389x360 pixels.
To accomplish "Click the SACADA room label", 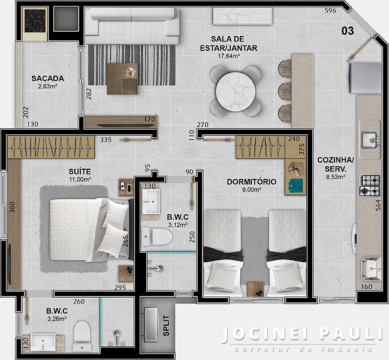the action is pos(47,79).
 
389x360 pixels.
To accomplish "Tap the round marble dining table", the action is pos(235,92).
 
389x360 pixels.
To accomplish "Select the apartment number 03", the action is pos(348,31).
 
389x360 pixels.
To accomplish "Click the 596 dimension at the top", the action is pos(330,10).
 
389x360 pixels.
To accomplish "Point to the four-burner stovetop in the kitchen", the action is pos(370,185).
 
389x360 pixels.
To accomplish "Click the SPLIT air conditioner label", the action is pos(166,326).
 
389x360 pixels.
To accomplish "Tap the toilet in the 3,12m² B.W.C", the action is pos(157,236).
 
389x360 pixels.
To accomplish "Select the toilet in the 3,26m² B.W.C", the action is pos(82,336).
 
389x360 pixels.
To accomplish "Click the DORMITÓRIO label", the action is pos(252,182).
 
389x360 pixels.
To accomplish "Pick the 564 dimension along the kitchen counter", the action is pos(378,205).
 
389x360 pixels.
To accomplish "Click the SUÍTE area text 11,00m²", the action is pos(80,179).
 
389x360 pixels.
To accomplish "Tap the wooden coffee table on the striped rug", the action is pos(122,79).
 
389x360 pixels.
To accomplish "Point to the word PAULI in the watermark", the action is pos(351,334).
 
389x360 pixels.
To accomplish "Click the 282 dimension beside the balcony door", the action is pos(89,94).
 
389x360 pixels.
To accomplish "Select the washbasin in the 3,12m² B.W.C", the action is pos(151,202).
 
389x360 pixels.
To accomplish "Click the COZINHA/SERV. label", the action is pos(336,164).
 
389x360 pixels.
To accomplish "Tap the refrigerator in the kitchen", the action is pos(365,78).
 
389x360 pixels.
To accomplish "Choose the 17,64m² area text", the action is pos(228,56).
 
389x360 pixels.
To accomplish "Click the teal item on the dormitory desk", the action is pos(295,185).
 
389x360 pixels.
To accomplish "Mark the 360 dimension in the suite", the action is pos(12,208).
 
